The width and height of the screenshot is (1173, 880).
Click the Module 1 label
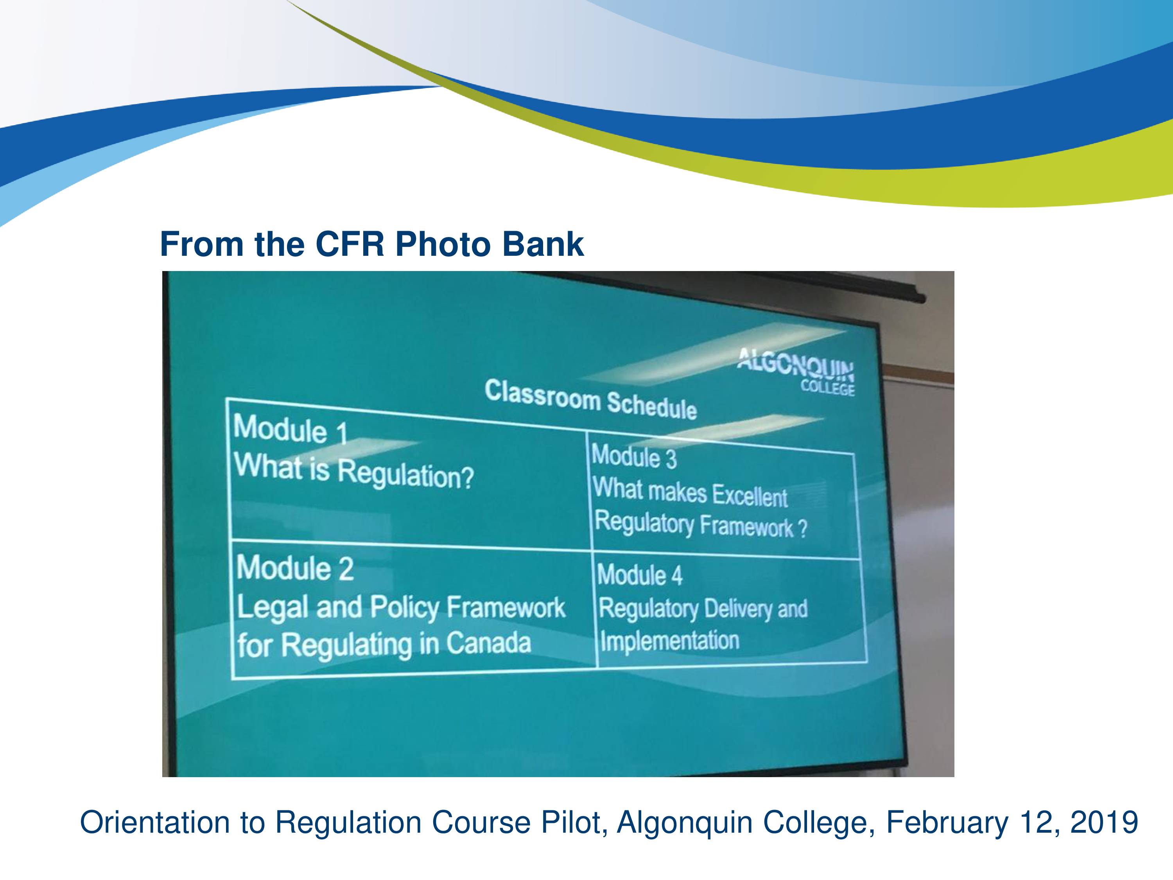[x=291, y=429]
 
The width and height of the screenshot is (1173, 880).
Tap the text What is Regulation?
[x=354, y=472]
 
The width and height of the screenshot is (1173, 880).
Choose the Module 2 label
[x=295, y=568]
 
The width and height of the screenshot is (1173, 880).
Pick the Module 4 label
[x=640, y=575]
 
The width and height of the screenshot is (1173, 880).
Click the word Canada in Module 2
[x=488, y=643]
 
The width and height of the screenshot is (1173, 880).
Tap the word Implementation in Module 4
[x=670, y=640]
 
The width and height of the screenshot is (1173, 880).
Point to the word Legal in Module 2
[x=273, y=607]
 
